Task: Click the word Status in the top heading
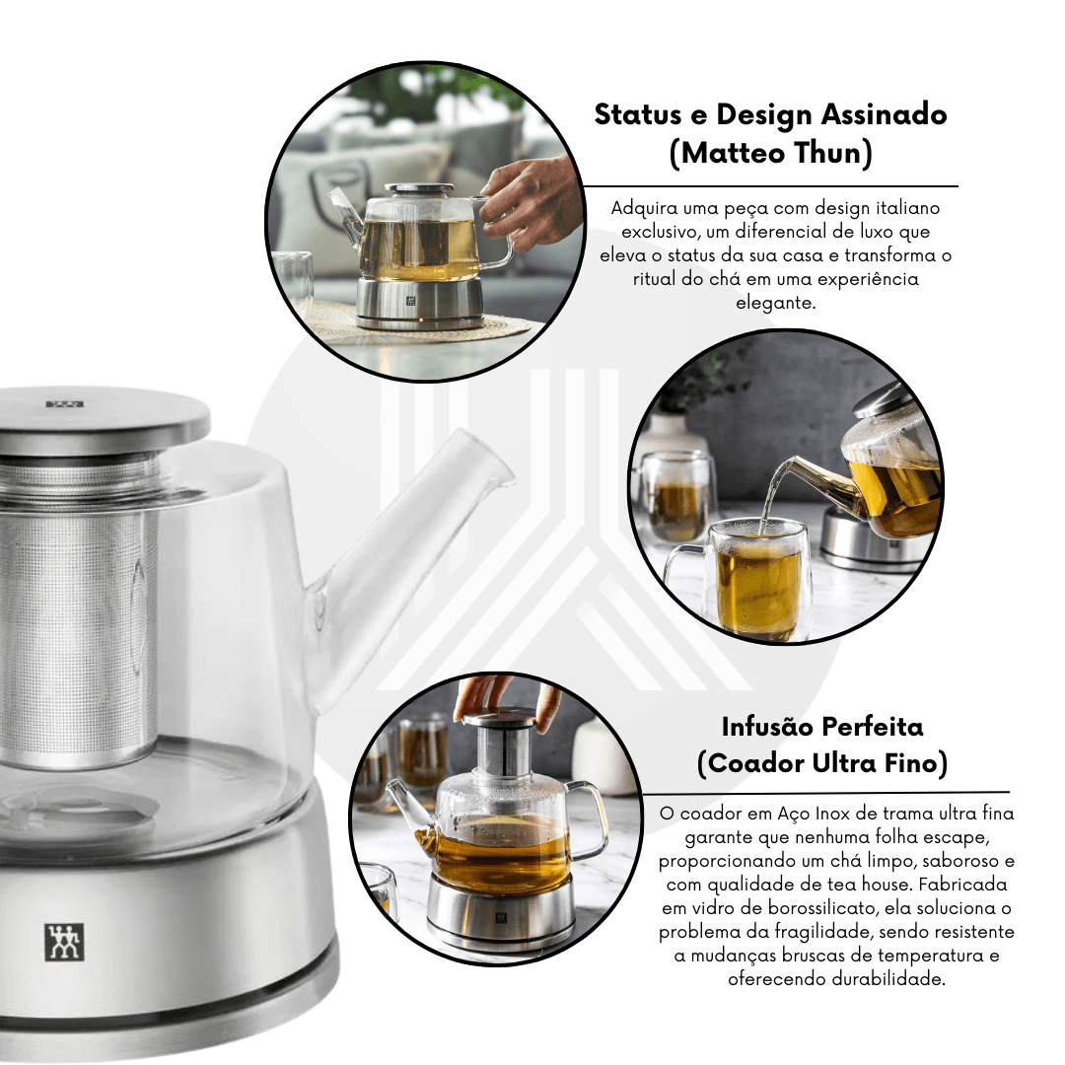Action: (638, 114)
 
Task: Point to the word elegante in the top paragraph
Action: (775, 303)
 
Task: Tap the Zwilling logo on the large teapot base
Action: (64, 942)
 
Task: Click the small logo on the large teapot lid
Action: (64, 404)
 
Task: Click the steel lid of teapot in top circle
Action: (419, 189)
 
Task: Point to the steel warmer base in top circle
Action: (420, 304)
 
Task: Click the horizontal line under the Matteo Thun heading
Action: (770, 185)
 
